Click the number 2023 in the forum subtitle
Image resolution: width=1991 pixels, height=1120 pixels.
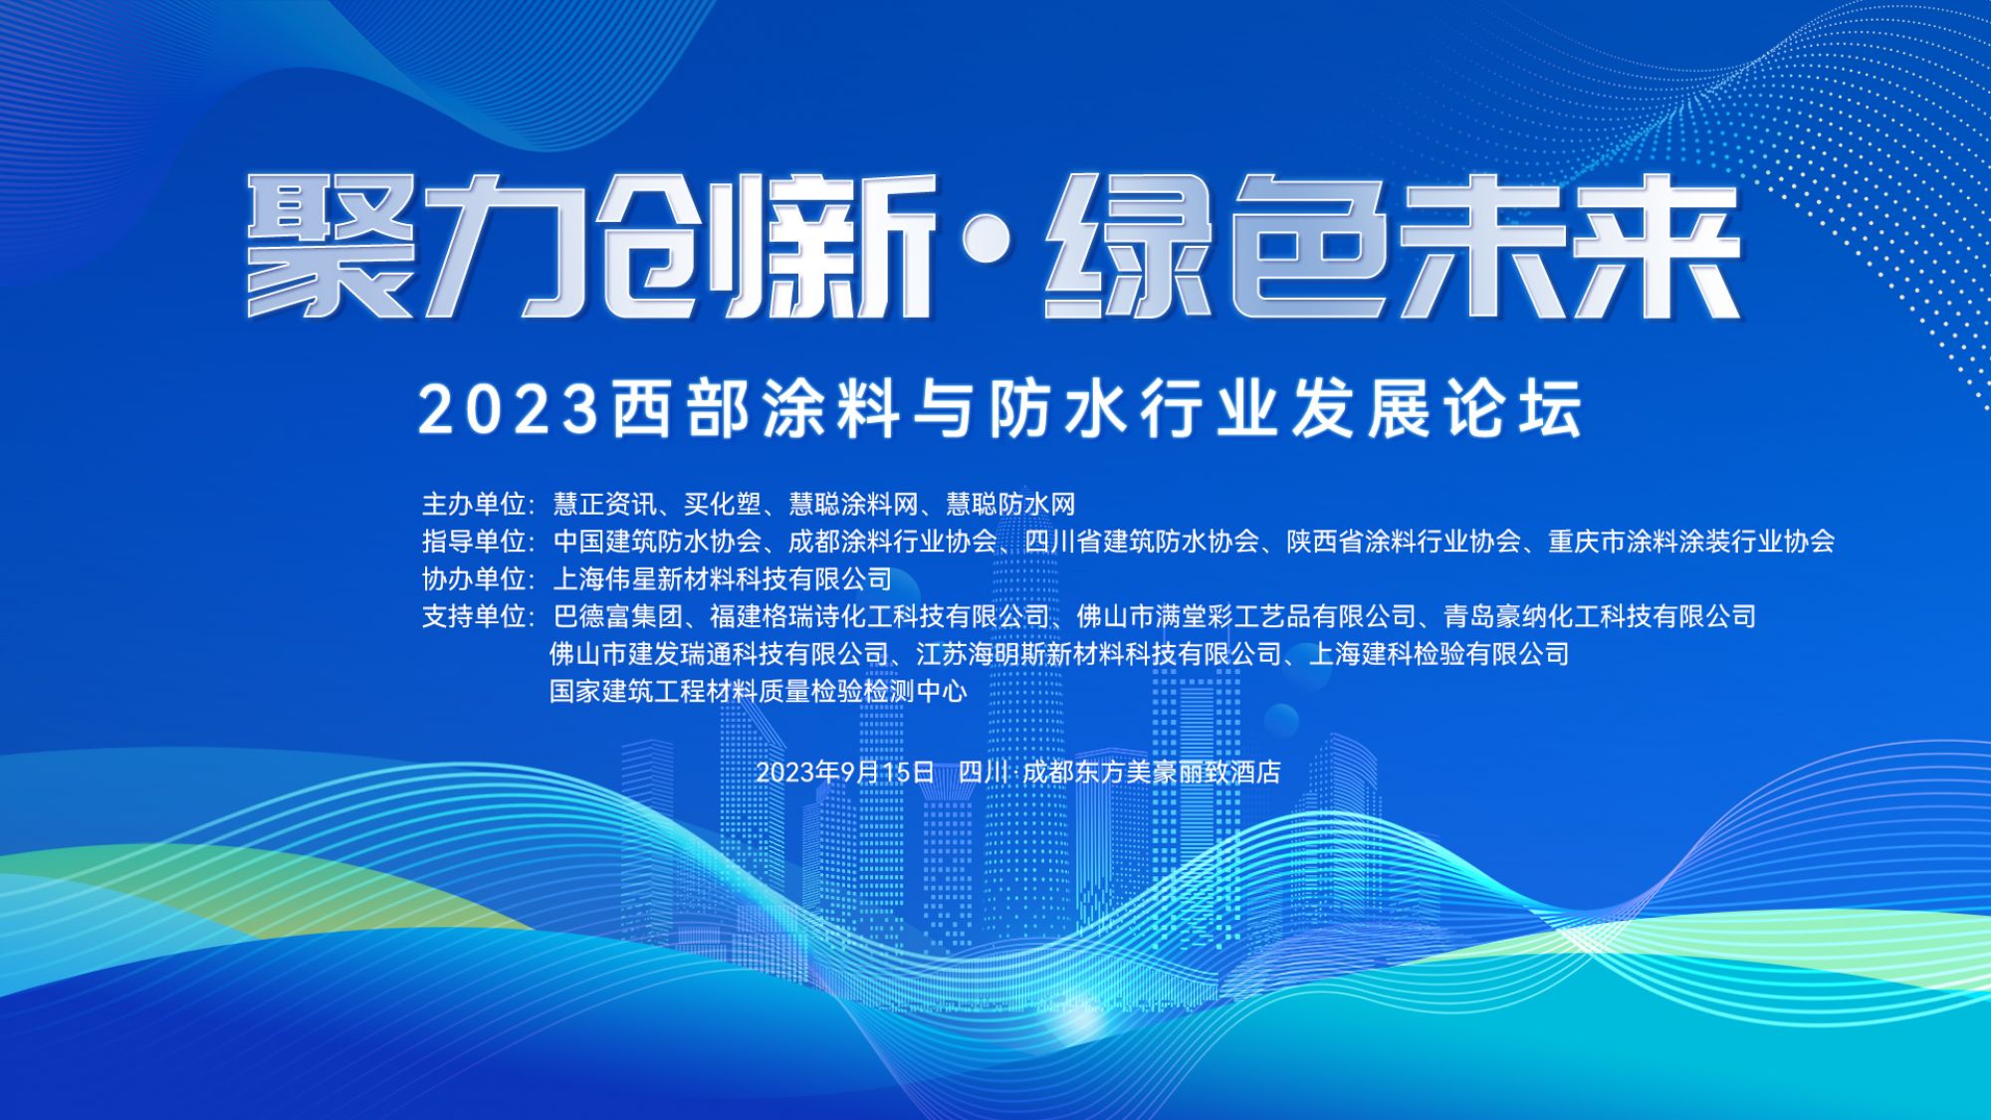click(508, 409)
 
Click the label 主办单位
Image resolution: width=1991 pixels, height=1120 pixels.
click(474, 504)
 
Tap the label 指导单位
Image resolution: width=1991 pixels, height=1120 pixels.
click(474, 541)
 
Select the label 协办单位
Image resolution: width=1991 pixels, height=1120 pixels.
click(474, 578)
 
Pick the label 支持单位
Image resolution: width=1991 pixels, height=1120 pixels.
click(474, 616)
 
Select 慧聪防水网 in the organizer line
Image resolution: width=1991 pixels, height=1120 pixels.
click(1010, 504)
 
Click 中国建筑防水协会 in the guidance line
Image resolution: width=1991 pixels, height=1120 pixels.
click(657, 541)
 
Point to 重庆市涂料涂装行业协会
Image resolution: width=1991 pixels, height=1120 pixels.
click(1691, 541)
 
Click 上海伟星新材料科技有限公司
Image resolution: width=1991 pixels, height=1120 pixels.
click(723, 578)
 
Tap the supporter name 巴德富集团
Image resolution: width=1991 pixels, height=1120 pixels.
click(617, 616)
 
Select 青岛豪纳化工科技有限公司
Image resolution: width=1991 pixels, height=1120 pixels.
click(1600, 616)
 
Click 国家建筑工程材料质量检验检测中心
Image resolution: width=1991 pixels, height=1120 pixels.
click(759, 691)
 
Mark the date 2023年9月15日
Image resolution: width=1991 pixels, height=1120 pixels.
click(845, 772)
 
